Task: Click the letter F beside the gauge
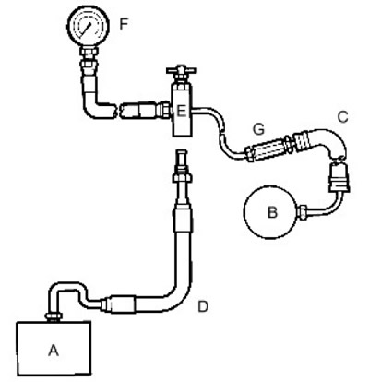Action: (x=124, y=24)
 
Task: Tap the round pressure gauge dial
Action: (x=89, y=26)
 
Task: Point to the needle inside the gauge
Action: (x=87, y=28)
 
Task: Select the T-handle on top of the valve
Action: (x=182, y=70)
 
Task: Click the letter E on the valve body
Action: (x=182, y=111)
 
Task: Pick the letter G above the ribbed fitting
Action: (x=258, y=129)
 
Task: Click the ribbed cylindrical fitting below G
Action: (x=268, y=149)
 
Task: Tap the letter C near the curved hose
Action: (x=342, y=117)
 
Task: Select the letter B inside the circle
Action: (x=272, y=212)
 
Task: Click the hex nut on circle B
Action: (x=303, y=212)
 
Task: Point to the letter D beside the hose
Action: (x=203, y=306)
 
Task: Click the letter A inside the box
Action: (x=54, y=350)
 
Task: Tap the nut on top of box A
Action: (x=54, y=316)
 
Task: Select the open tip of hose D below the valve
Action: (x=182, y=153)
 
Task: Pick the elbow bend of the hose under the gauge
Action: (x=91, y=108)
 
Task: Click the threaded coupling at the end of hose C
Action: (x=302, y=140)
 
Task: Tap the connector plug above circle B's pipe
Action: (x=339, y=178)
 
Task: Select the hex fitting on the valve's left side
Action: (x=163, y=110)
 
